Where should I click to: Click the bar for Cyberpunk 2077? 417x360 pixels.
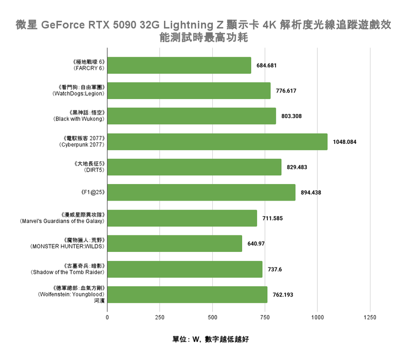click(217, 142)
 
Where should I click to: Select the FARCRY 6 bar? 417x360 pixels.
click(179, 65)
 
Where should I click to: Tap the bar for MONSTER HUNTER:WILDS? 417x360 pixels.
click(174, 244)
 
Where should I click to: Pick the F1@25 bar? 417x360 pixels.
click(201, 193)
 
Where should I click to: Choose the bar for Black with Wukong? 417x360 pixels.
click(191, 116)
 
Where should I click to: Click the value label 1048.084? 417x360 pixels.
click(344, 142)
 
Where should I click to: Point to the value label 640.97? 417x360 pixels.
click(256, 244)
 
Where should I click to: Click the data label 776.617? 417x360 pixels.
click(286, 91)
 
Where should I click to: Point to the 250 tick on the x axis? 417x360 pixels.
click(160, 318)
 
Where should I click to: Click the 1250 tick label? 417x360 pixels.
click(370, 318)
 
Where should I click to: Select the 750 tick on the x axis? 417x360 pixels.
click(265, 318)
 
